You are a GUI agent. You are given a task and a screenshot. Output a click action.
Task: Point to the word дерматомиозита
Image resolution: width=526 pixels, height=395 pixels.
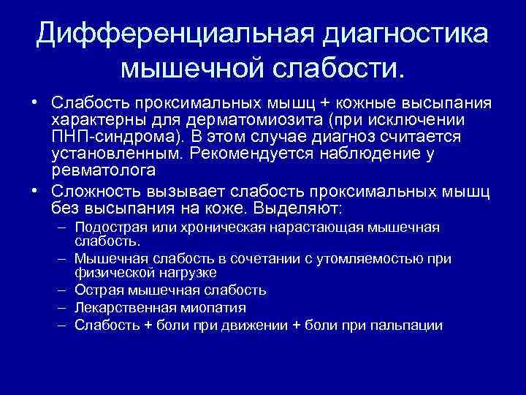click(280, 119)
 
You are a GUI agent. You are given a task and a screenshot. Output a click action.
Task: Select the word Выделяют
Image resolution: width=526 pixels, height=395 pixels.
click(300, 208)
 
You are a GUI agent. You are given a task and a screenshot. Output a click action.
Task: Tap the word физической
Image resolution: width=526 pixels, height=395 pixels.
click(110, 272)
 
